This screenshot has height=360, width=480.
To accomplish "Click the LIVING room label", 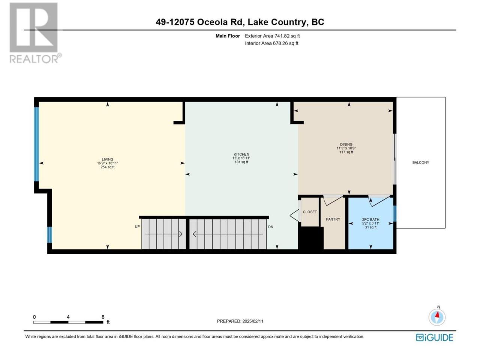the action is pos(107,159).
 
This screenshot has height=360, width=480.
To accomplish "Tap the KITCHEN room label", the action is pos(241,154).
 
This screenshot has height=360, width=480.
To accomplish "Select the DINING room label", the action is pos(346,144).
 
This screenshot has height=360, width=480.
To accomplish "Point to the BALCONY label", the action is pos(420,162).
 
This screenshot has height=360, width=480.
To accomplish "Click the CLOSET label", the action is pos(310,212).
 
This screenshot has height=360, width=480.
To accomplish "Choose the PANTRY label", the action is pos(333,219).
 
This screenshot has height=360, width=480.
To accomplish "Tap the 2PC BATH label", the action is pos(370,219).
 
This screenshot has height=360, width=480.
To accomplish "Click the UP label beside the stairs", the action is pos(137,226).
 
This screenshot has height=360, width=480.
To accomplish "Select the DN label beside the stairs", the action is pos(271,227).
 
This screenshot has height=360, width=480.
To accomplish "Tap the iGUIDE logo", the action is pos(434,337).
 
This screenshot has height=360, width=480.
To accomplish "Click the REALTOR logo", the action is pos(35,33).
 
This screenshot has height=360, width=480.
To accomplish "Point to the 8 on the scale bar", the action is pos(103,317).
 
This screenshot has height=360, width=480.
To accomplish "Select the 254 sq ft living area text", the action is pos(107,167).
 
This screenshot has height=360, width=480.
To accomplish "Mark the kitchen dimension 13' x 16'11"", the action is pos(241,158).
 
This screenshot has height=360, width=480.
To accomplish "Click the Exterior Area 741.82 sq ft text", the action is pos(272,36).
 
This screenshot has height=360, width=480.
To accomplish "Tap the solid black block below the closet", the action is pos(311,238).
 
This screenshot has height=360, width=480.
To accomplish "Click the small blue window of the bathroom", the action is pos(394,213).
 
